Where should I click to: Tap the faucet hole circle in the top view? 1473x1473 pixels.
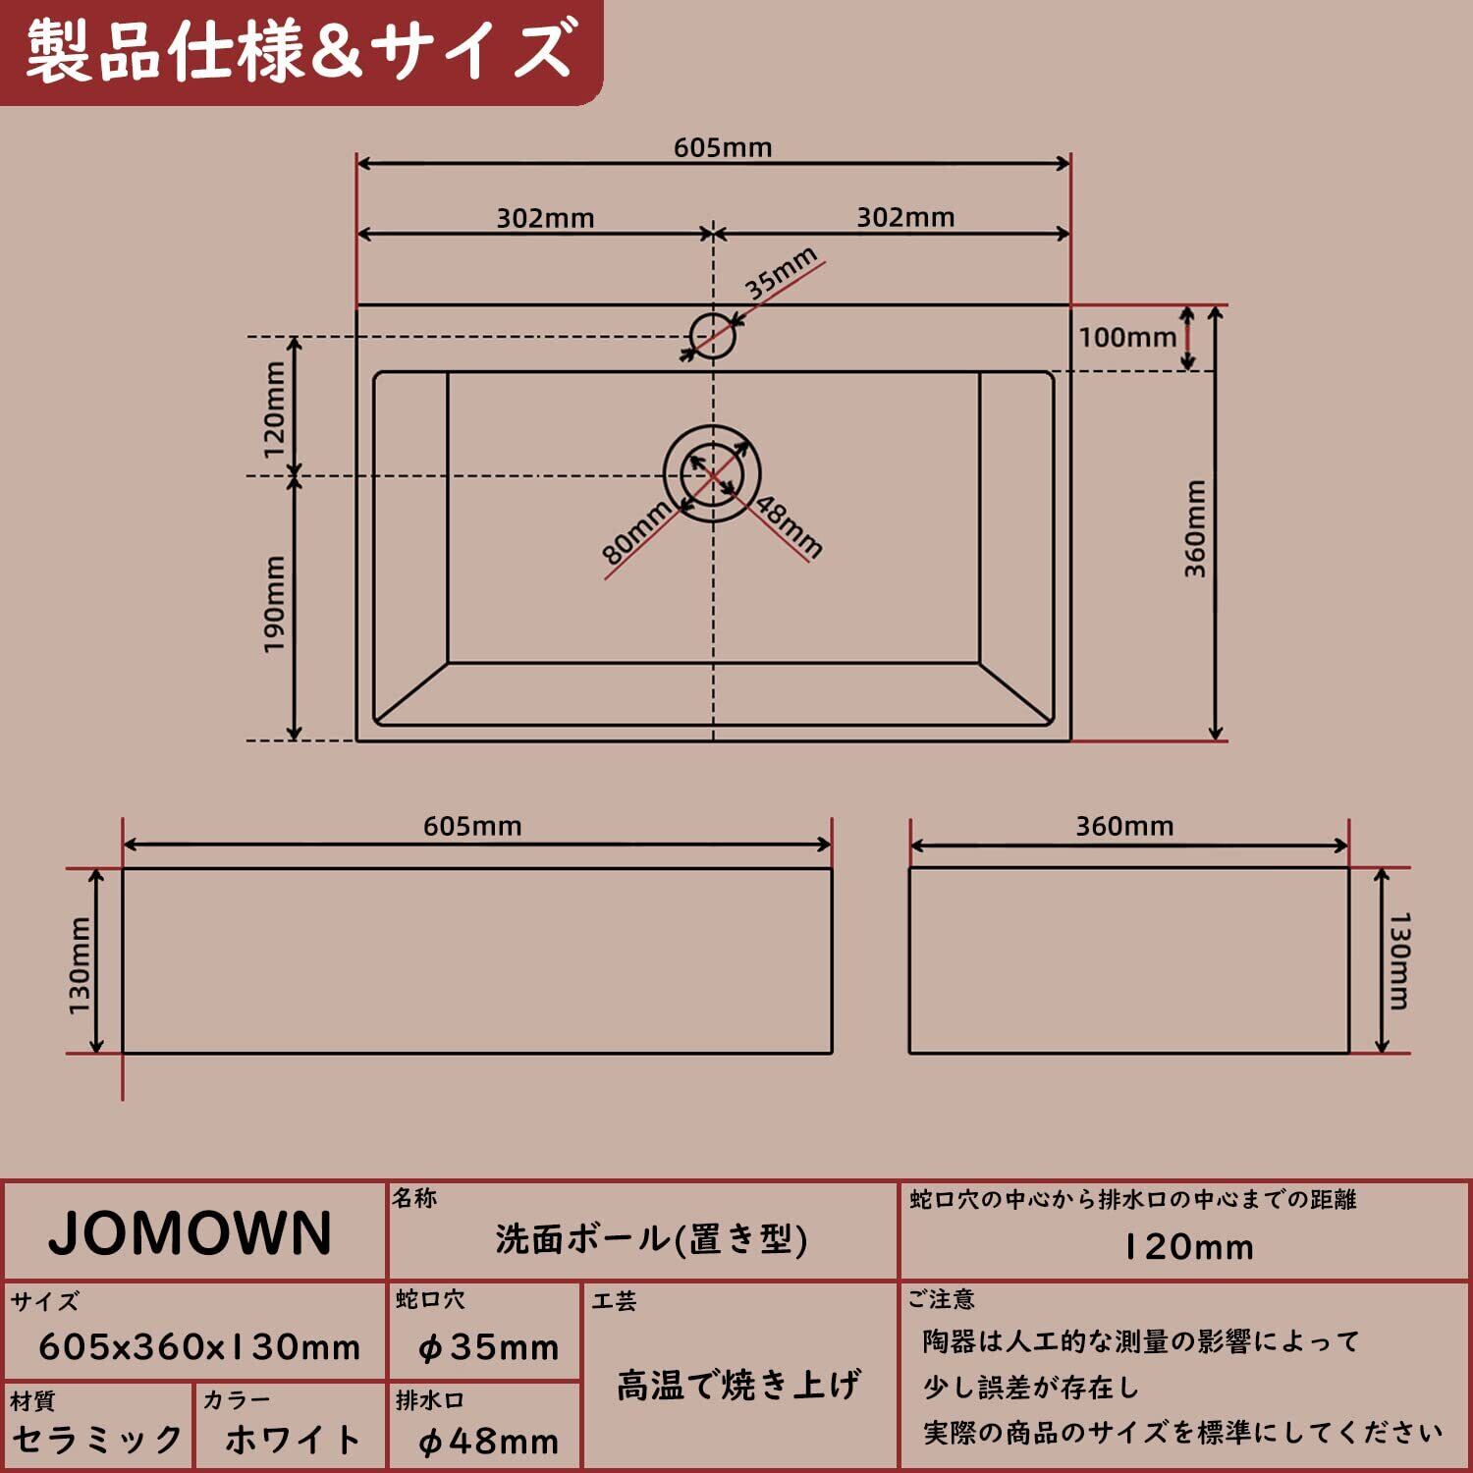pyautogui.click(x=713, y=336)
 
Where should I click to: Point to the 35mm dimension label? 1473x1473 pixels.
pyautogui.click(x=781, y=273)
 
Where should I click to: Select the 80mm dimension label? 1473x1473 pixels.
pyautogui.click(x=635, y=532)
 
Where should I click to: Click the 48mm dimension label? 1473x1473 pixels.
pyautogui.click(x=789, y=526)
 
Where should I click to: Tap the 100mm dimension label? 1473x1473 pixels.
pyautogui.click(x=1127, y=338)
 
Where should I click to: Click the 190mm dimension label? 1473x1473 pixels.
pyautogui.click(x=274, y=603)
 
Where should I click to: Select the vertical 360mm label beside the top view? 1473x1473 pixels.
pyautogui.click(x=1195, y=528)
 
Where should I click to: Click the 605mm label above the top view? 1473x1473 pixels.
pyautogui.click(x=723, y=148)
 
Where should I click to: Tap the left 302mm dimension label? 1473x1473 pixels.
pyautogui.click(x=545, y=218)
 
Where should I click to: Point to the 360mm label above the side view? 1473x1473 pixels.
pyautogui.click(x=1124, y=827)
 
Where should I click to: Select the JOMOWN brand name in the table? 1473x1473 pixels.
pyautogui.click(x=191, y=1234)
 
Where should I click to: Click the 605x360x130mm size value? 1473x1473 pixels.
pyautogui.click(x=199, y=1347)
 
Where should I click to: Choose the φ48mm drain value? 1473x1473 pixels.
pyautogui.click(x=488, y=1442)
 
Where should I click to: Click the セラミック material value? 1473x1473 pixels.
pyautogui.click(x=97, y=1441)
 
